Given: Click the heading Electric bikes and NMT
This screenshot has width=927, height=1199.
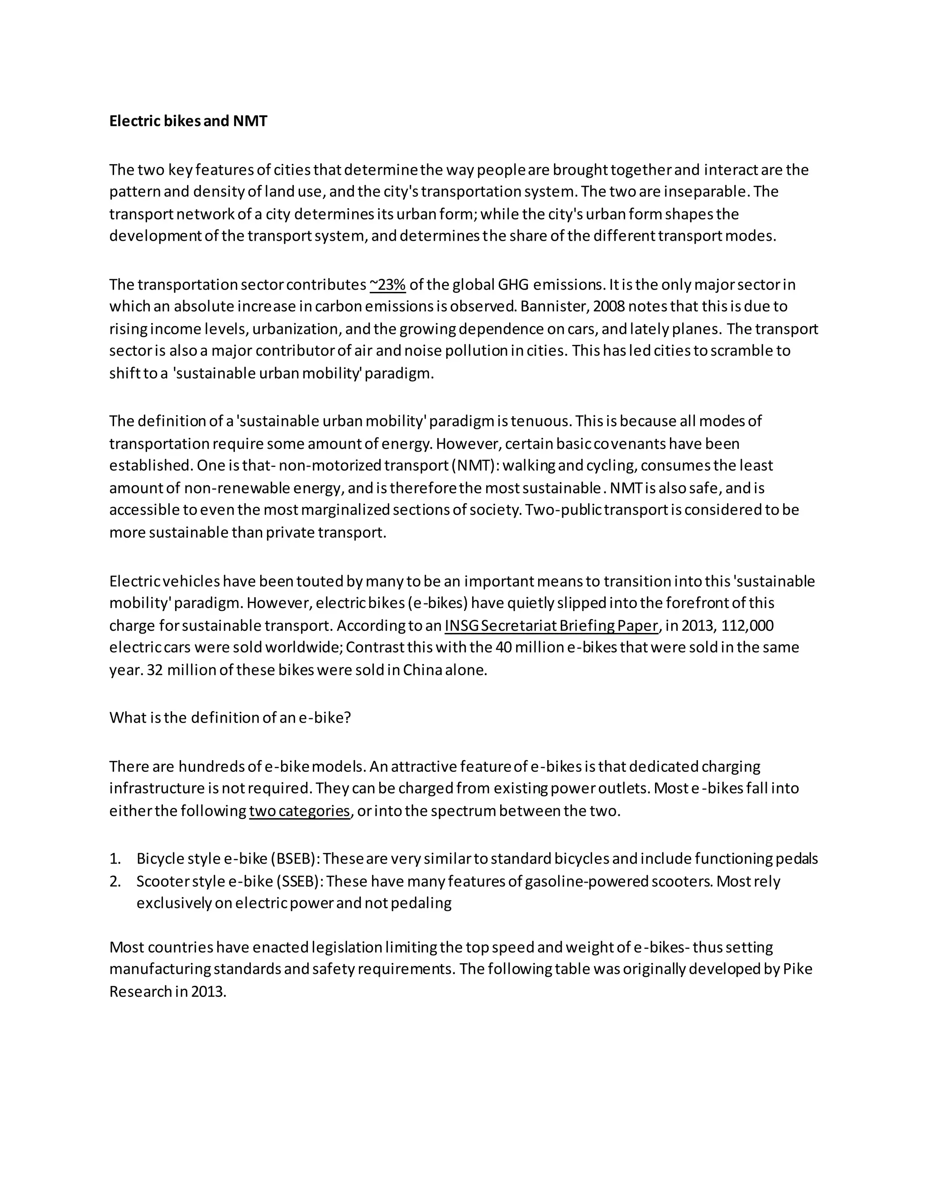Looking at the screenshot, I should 188,121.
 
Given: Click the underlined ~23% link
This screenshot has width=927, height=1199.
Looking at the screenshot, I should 388,285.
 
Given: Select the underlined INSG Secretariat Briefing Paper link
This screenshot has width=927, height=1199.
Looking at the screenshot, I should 551,625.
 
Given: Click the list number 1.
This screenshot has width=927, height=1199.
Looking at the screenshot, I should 115,859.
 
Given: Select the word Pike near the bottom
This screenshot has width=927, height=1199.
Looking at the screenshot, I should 798,969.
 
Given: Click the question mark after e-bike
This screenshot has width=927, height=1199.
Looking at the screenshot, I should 347,718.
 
